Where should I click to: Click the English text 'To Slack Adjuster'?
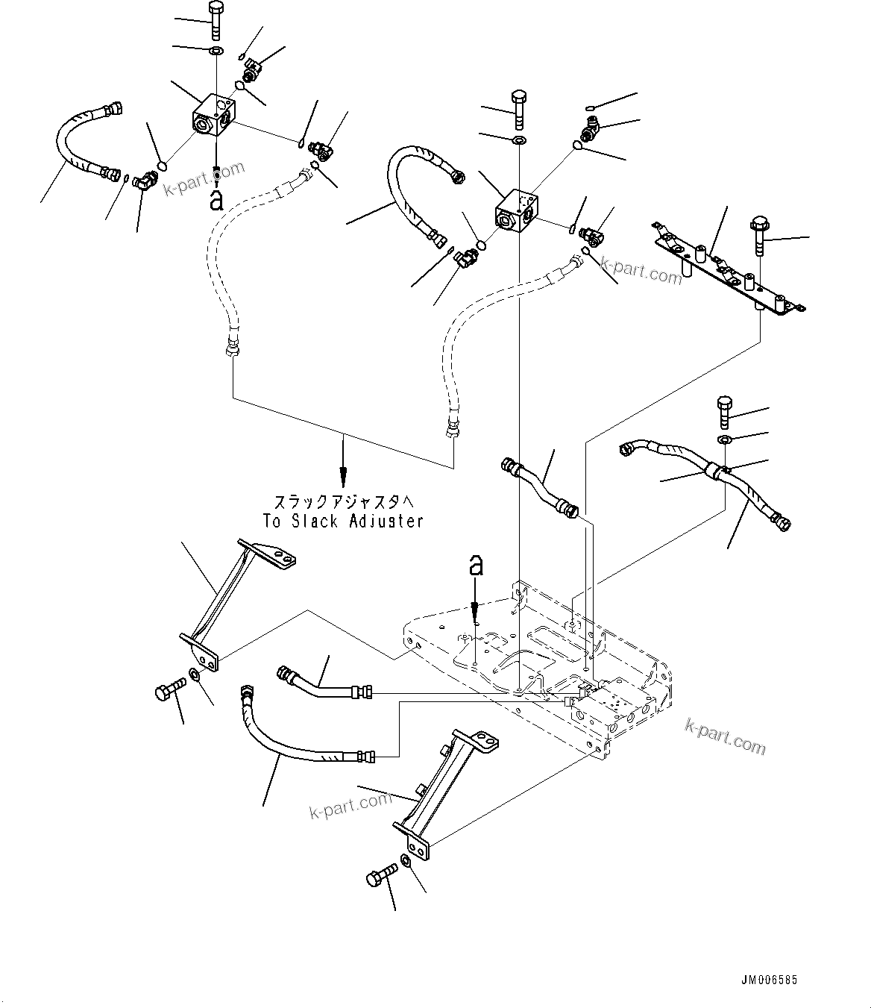click(343, 521)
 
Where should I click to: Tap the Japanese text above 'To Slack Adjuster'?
click(343, 502)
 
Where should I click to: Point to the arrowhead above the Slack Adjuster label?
click(343, 475)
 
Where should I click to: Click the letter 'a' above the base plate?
click(475, 566)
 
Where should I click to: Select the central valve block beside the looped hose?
click(517, 210)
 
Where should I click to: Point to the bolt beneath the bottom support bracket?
click(380, 878)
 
